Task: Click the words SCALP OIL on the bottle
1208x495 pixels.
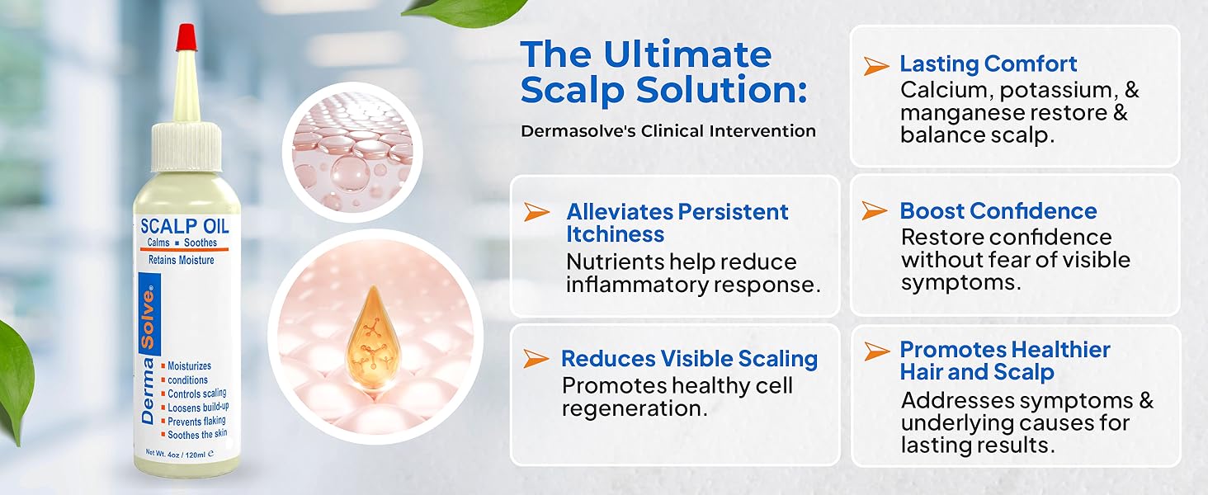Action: tap(185, 225)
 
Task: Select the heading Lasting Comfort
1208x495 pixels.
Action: tap(988, 64)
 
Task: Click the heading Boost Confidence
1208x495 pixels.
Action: tap(998, 211)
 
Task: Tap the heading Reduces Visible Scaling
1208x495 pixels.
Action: tap(689, 359)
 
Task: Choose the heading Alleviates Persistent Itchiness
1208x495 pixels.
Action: tap(677, 223)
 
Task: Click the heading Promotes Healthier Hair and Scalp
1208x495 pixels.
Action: tap(1004, 361)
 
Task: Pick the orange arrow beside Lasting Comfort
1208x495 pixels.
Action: tap(875, 66)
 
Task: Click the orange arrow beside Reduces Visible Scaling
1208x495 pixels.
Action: tap(536, 358)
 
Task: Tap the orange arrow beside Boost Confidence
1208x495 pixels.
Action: tap(875, 211)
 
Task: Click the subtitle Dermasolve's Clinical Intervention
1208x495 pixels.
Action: tap(668, 131)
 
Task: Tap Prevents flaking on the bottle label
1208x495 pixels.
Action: tap(196, 421)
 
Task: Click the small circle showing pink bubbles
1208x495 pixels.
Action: tap(352, 152)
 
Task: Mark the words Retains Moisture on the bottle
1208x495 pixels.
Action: tap(181, 261)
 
